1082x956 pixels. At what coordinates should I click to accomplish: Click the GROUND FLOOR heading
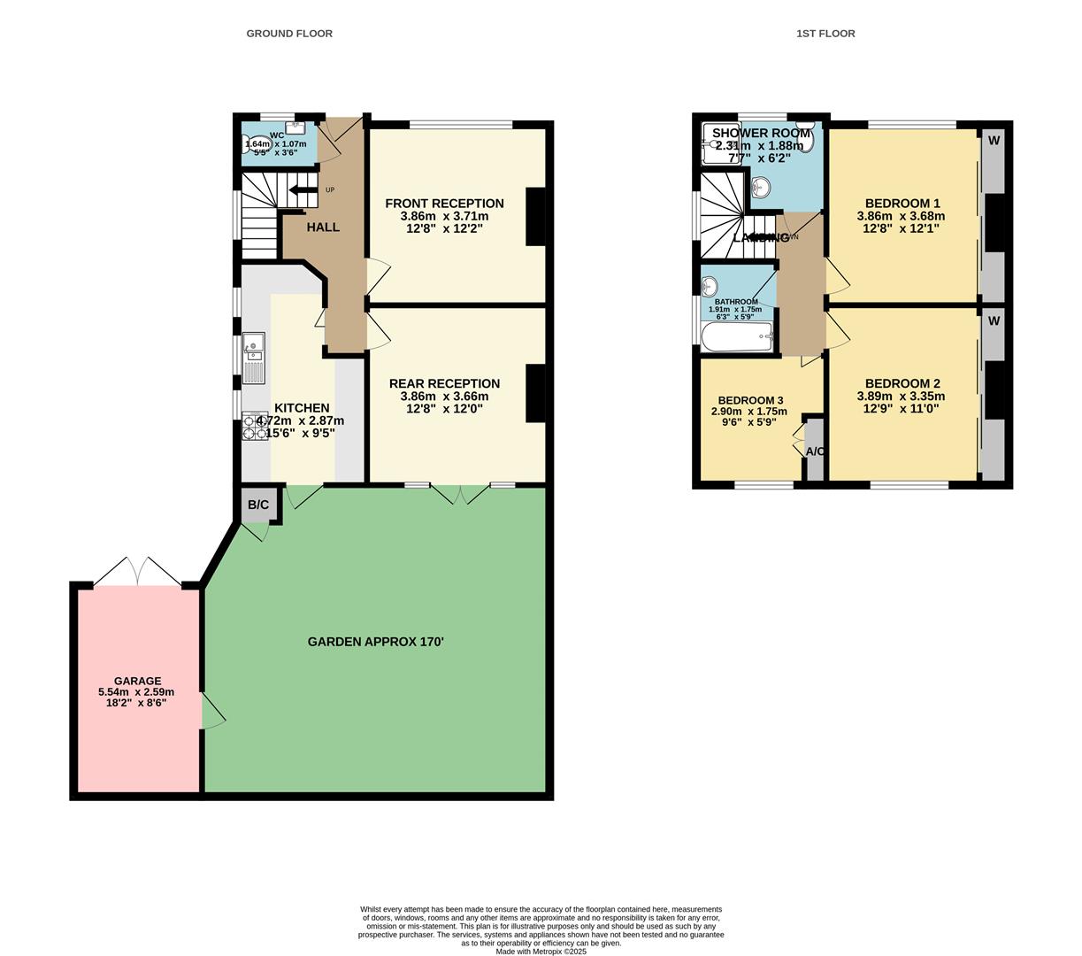point(289,34)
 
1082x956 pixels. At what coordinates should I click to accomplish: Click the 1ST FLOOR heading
point(825,34)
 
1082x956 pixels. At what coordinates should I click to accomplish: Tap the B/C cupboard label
point(258,505)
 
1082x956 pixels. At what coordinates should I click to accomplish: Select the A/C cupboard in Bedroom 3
point(815,451)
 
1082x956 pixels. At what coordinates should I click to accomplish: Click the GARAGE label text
point(137,681)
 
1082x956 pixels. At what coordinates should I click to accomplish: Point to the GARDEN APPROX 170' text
point(375,641)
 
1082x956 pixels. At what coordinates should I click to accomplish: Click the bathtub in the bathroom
point(736,337)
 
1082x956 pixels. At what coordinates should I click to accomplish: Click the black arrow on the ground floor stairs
point(303,189)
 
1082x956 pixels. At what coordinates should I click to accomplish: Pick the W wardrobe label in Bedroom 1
point(994,141)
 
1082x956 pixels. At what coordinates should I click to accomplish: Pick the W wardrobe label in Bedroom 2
point(994,321)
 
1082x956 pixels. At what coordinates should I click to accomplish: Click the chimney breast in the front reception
point(536,217)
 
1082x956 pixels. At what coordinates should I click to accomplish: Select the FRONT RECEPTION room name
point(444,204)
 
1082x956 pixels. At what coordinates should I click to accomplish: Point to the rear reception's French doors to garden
point(460,493)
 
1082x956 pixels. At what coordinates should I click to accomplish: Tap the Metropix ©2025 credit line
point(541,952)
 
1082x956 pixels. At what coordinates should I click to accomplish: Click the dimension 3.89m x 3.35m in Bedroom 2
point(898,397)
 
